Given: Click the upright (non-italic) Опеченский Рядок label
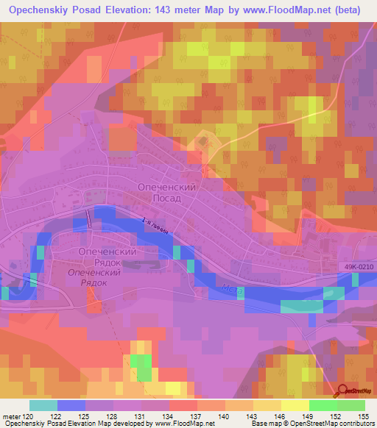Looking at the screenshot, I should tap(108, 257).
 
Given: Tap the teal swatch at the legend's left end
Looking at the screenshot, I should tap(43, 405).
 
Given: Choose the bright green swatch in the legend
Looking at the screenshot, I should tap(323, 405).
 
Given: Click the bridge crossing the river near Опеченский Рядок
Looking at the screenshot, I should tap(88, 218).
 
